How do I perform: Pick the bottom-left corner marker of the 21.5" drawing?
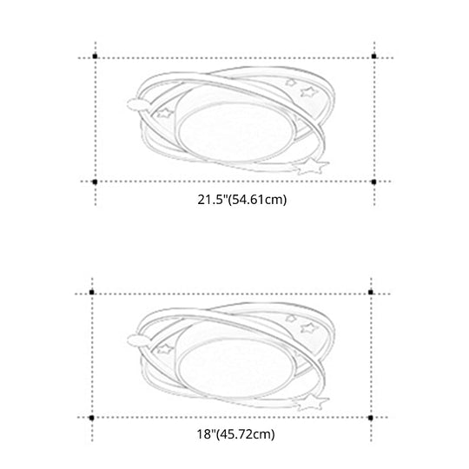coord(94,182)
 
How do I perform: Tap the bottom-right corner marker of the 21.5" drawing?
coord(374,182)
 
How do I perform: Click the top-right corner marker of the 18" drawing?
coord(371,293)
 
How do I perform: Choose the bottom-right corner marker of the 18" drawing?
coord(371,417)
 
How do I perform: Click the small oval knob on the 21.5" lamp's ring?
coord(136,105)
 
